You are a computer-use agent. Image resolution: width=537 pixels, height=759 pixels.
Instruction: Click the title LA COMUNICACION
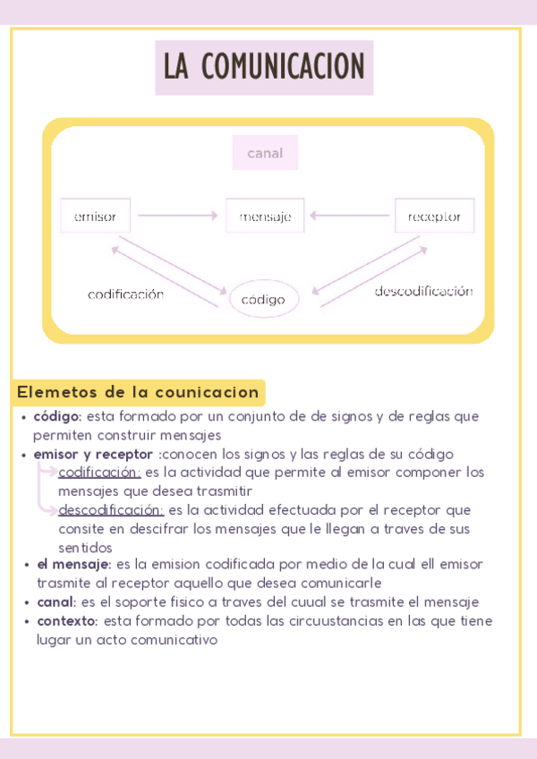pos(264,67)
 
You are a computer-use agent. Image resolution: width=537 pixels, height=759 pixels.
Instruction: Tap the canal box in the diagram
pos(265,153)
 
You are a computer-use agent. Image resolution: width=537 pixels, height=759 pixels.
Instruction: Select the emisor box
pos(95,216)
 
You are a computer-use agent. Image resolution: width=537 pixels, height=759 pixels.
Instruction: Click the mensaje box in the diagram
pos(265,216)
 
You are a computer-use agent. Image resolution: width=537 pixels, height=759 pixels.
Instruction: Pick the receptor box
pos(434,216)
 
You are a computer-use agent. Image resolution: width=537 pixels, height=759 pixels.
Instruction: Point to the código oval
pos(263,299)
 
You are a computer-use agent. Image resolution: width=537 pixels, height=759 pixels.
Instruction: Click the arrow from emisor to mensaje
pos(178,216)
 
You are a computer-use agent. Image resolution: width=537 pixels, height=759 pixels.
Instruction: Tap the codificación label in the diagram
pos(125,294)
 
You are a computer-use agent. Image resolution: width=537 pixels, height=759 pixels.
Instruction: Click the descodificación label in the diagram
pos(423,292)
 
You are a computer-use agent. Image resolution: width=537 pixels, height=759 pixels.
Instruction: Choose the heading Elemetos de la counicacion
pos(138,392)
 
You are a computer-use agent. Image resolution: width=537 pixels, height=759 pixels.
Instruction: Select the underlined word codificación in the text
pos(99,473)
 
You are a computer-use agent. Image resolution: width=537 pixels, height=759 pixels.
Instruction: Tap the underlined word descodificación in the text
pos(111,510)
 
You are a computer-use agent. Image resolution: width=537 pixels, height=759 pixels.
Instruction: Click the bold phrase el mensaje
pos(73,565)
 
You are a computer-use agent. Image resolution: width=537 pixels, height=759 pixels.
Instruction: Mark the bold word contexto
pos(68,621)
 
